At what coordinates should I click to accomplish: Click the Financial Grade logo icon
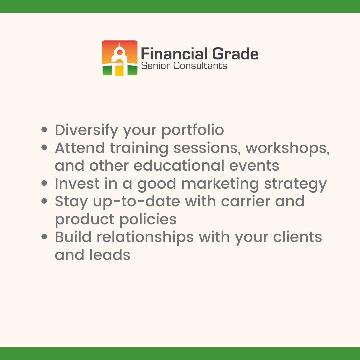120,58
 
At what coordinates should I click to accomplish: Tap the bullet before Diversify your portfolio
44,129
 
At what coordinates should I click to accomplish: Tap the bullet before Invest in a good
44,183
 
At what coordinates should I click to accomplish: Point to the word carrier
240,201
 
